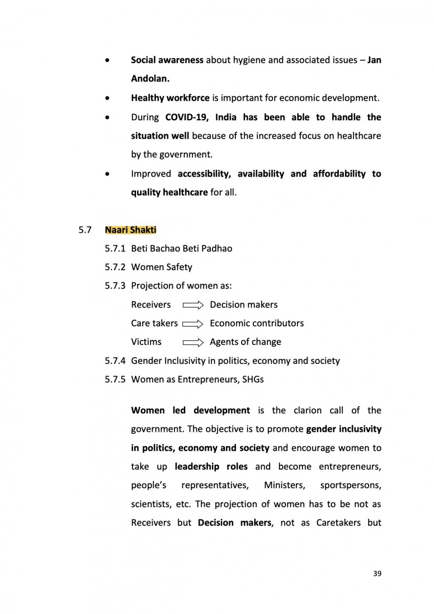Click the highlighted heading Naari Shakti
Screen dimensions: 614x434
[x=131, y=230]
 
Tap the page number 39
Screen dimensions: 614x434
[x=377, y=573]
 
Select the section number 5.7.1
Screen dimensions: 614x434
[x=115, y=249]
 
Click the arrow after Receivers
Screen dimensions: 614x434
[x=193, y=305]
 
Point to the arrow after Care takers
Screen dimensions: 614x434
[x=193, y=324]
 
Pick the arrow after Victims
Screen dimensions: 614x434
[x=193, y=342]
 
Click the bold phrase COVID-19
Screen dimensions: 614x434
[x=187, y=117]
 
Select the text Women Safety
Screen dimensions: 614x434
[x=162, y=267]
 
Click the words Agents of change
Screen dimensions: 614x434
[x=245, y=342]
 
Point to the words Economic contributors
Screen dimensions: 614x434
[x=256, y=323]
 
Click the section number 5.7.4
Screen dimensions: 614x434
[x=115, y=361]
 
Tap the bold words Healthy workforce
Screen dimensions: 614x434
[x=170, y=98]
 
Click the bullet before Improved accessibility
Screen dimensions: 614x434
[x=106, y=174]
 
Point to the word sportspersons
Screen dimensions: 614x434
[x=351, y=485]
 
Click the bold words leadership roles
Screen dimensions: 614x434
[x=211, y=466]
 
